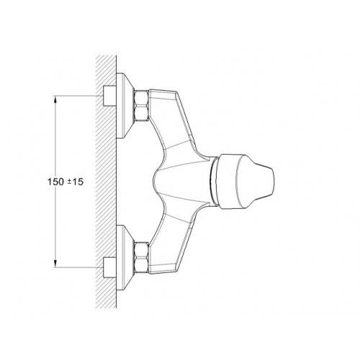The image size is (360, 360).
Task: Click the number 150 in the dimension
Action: (55, 181)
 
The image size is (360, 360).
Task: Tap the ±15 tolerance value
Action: (75, 181)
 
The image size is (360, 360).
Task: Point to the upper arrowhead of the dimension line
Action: (55, 99)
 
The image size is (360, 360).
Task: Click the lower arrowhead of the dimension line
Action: (55, 264)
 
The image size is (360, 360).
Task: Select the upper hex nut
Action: (141, 105)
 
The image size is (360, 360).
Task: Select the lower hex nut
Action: (141, 258)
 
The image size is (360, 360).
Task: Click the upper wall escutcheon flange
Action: (125, 105)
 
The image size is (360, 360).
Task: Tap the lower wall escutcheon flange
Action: (125, 258)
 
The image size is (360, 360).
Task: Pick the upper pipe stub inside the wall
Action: (109, 96)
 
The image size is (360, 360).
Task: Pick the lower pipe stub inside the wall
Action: (109, 267)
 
